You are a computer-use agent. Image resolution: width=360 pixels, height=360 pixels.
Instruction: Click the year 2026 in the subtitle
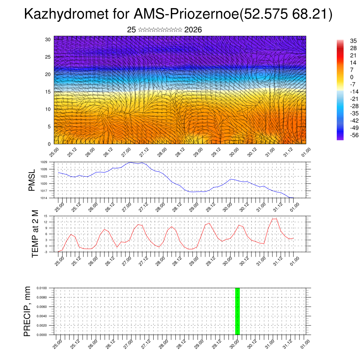click(193, 30)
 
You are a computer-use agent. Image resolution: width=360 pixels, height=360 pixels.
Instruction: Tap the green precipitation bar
click(237, 311)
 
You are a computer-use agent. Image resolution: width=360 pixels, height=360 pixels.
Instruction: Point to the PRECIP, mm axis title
click(27, 311)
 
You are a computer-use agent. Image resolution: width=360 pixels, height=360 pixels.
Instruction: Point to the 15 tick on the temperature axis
click(45, 216)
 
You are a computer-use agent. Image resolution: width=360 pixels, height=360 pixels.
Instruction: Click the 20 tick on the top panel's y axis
click(48, 74)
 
